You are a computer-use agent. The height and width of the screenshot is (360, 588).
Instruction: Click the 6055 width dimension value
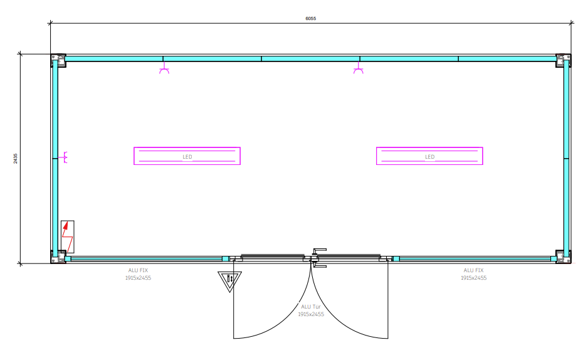point(310,18)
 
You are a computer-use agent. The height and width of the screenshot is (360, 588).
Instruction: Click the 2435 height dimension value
point(16,158)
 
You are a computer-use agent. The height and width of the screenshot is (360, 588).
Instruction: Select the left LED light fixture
point(187,156)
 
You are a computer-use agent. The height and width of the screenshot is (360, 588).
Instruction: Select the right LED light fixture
point(429,156)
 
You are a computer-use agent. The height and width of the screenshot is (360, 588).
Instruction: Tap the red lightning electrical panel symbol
point(68,236)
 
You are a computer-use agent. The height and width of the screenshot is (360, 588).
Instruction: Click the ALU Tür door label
point(311,310)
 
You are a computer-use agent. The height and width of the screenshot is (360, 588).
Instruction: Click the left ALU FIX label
point(138,274)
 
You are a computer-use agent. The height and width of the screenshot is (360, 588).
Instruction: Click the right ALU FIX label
point(474,274)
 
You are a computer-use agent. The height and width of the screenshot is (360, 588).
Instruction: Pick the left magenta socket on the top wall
point(164,68)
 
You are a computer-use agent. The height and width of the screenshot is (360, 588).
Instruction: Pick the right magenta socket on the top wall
point(359,68)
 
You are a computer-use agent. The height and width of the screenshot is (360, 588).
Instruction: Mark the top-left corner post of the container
point(58,61)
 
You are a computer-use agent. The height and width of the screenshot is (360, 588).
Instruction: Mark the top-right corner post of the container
point(564,61)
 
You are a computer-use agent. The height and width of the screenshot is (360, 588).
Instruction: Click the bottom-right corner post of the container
point(564,257)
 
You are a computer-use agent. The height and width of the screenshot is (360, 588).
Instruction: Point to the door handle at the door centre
point(318,258)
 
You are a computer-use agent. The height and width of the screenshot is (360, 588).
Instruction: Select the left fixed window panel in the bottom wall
point(146,259)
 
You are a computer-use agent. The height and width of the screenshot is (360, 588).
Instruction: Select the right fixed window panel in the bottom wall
point(475,259)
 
